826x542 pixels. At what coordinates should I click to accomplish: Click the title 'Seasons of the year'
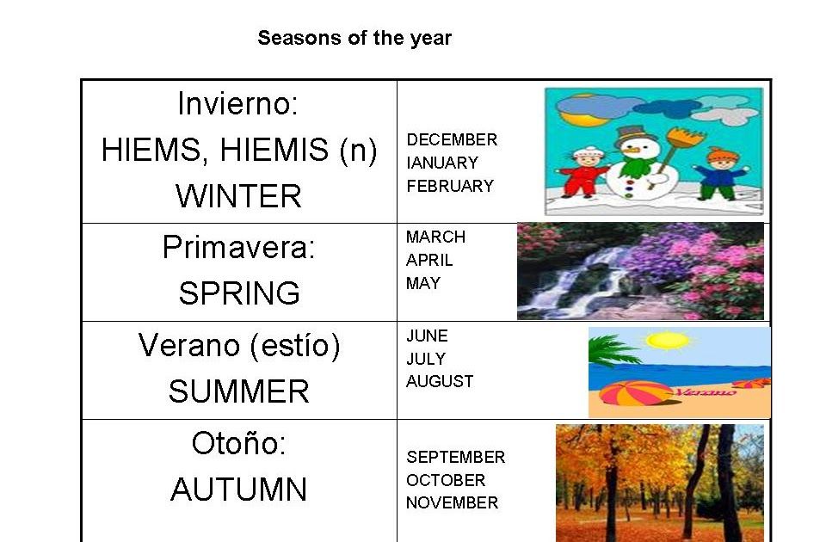(354, 39)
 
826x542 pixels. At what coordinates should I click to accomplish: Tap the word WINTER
(238, 196)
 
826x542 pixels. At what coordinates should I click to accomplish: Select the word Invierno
(233, 103)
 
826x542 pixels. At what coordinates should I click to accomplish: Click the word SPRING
(239, 293)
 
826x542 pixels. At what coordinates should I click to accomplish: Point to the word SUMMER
(238, 391)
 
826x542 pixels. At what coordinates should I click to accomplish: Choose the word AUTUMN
(238, 490)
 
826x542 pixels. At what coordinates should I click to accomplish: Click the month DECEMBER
(452, 139)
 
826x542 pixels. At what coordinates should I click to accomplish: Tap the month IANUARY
(442, 163)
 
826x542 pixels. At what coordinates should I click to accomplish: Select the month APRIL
(429, 260)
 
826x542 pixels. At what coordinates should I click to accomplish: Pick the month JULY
(426, 359)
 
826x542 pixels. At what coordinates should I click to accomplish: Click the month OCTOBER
(446, 480)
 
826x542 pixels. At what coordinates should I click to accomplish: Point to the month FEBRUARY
(450, 186)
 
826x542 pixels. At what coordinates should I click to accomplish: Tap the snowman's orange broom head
(685, 138)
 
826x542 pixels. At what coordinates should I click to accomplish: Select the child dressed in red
(585, 172)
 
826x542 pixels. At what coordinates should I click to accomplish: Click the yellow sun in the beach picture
(668, 341)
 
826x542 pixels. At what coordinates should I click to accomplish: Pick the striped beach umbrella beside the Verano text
(636, 393)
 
